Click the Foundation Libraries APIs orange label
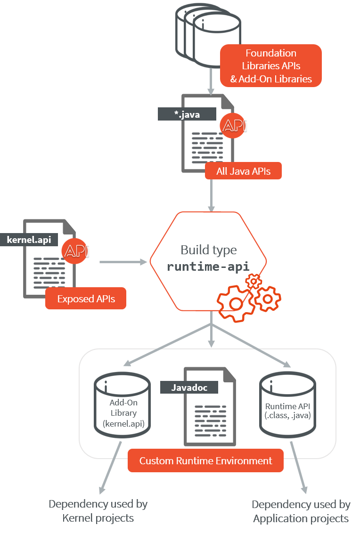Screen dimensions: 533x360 271,66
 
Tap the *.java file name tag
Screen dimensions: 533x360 187,114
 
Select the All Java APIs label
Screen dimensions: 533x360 243,171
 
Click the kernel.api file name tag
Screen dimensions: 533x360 29,239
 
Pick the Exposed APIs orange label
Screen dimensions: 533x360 86,299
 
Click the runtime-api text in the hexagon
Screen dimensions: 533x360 208,266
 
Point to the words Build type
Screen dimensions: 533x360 208,250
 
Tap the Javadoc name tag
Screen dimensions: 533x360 189,387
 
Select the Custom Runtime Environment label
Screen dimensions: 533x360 206,460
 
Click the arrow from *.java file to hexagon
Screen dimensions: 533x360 212,195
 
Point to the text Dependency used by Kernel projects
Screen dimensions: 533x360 98,511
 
